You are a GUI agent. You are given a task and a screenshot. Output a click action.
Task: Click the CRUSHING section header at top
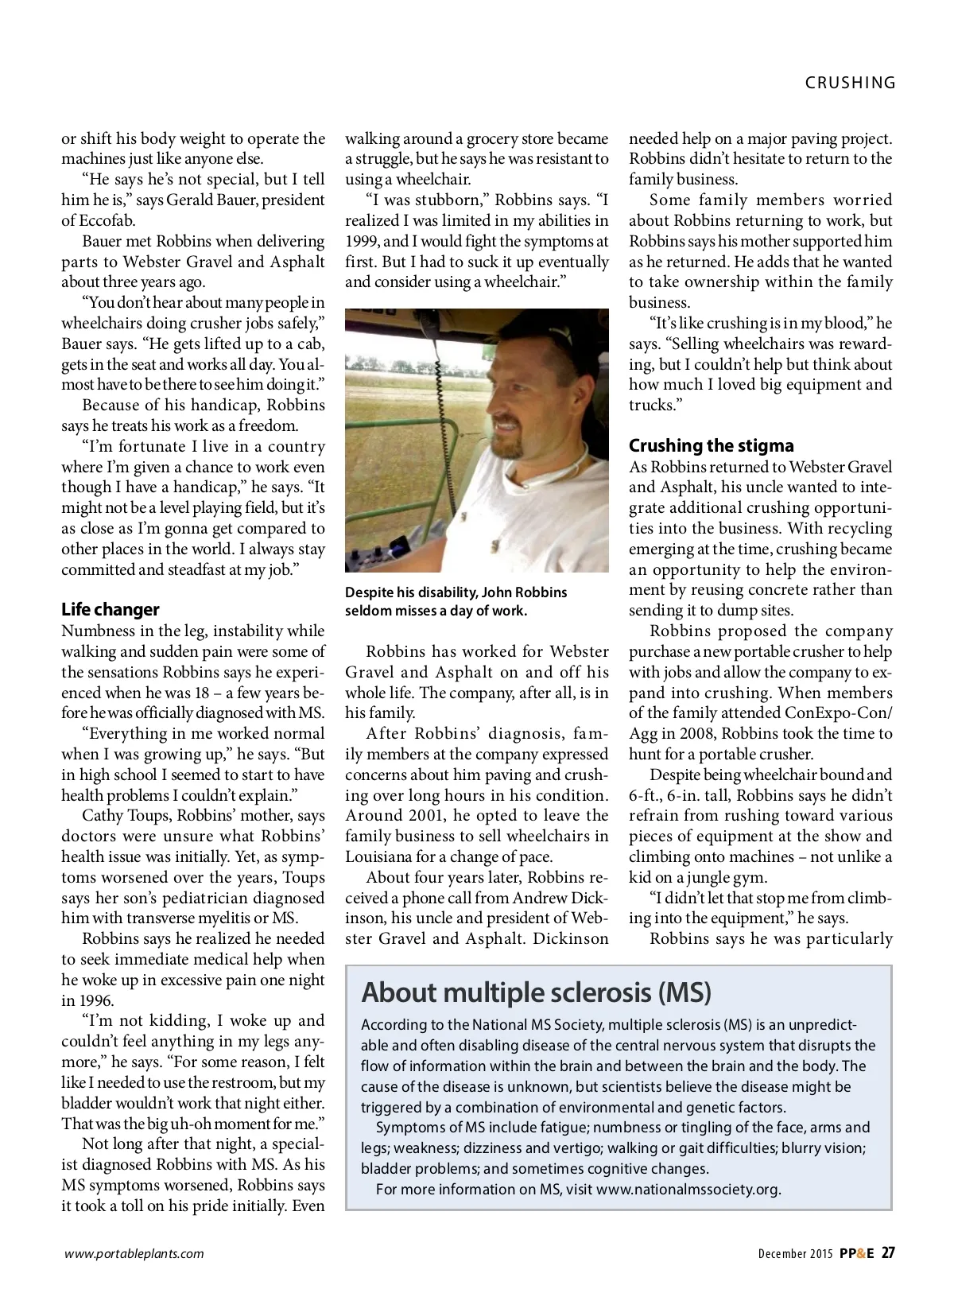click(850, 83)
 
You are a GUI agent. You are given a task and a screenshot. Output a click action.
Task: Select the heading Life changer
click(111, 610)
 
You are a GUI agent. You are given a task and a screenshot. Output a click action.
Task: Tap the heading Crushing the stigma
click(711, 445)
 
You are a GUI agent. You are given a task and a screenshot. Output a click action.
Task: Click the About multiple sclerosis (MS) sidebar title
click(536, 992)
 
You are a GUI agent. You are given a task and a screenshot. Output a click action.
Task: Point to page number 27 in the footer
click(887, 1253)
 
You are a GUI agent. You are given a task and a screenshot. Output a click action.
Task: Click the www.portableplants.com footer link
click(134, 1254)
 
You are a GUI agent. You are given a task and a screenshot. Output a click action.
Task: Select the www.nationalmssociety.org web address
click(688, 1190)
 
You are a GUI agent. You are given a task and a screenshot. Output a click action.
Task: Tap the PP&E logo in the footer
click(857, 1253)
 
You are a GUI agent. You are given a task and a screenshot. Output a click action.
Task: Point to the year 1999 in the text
click(363, 241)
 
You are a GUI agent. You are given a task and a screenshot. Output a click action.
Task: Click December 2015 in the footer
click(795, 1254)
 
